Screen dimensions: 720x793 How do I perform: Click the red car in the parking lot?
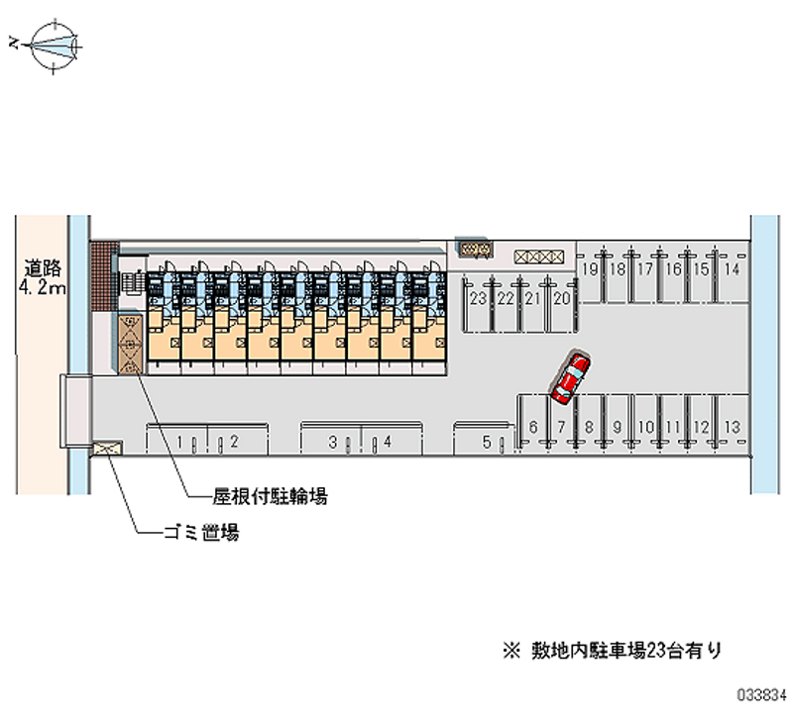pyautogui.click(x=569, y=377)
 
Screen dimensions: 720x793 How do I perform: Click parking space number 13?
pyautogui.click(x=732, y=427)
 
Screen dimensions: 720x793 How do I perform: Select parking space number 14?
pyautogui.click(x=732, y=269)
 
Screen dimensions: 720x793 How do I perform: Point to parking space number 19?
pyautogui.click(x=590, y=269)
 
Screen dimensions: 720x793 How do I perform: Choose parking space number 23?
pyautogui.click(x=478, y=298)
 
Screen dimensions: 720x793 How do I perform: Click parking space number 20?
pyautogui.click(x=562, y=298)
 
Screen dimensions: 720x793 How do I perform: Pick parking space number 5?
pyautogui.click(x=487, y=443)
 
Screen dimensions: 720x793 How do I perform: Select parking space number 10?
pyautogui.click(x=646, y=427)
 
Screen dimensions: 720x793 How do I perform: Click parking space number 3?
pyautogui.click(x=335, y=442)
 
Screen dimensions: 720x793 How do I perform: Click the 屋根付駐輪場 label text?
pyautogui.click(x=271, y=495)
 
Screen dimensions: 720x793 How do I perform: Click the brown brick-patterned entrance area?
pyautogui.click(x=104, y=277)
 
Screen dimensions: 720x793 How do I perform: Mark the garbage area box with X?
pyautogui.click(x=106, y=450)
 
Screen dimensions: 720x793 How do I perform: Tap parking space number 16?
pyautogui.click(x=674, y=269)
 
